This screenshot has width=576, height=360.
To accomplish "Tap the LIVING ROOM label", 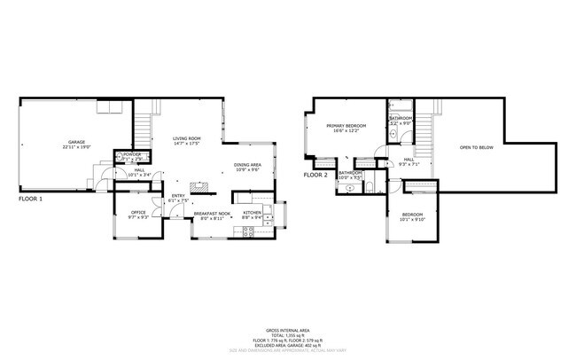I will point(186,138).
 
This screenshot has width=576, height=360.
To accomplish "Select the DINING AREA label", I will point(247,164).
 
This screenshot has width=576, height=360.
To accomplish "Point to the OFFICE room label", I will point(138,213).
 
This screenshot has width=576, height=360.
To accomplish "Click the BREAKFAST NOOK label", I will point(213,213).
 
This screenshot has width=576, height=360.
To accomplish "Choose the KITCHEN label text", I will point(253,213).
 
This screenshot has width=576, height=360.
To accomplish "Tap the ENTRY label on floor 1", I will point(178,196).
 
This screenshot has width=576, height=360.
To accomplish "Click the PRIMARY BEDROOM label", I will point(346,127).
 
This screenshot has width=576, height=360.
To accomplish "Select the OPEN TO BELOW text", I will point(476,147).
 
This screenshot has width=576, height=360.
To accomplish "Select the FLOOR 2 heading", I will point(315,176).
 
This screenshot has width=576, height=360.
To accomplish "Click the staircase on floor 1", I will point(144,124).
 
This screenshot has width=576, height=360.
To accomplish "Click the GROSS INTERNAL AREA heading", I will point(287,328).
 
